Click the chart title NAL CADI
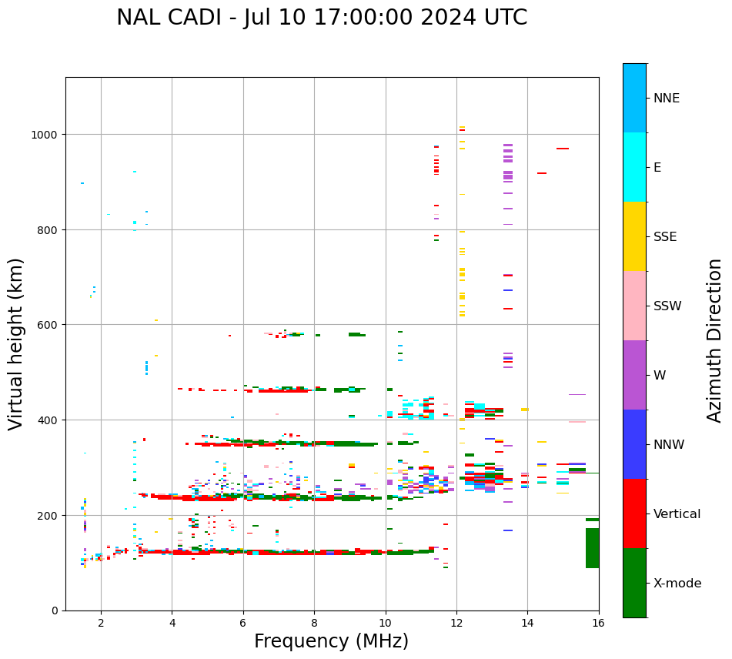click(x=322, y=18)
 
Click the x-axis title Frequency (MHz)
click(x=331, y=641)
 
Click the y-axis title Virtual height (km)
click(x=16, y=343)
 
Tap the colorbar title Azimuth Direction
click(x=715, y=340)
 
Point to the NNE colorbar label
click(x=667, y=98)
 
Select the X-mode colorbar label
click(x=677, y=584)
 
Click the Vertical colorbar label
click(x=677, y=513)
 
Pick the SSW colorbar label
click(x=667, y=306)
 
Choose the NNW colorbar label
click(x=670, y=444)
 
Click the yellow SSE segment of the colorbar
click(x=634, y=236)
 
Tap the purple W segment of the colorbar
click(x=634, y=375)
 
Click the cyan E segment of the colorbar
click(x=634, y=167)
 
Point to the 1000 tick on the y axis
click(x=47, y=135)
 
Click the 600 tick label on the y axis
click(x=50, y=325)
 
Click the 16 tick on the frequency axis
click(x=598, y=623)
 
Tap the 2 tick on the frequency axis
click(x=101, y=623)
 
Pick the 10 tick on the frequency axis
click(x=385, y=623)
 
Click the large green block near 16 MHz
click(x=592, y=547)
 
